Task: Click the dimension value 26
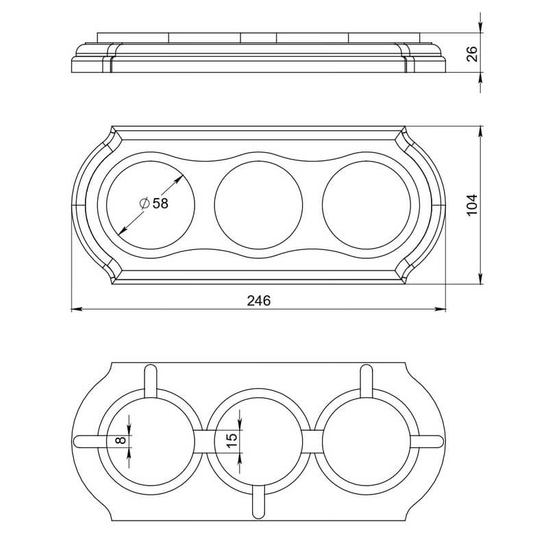pos(472,53)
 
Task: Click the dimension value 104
pos(472,205)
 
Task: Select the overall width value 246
pos(259,301)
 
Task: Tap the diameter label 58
pos(160,203)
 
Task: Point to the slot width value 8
pos(121,440)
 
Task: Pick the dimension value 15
pos(232,440)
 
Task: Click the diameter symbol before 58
pos(145,203)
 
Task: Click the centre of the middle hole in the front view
pos(259,205)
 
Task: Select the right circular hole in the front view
pos(366,205)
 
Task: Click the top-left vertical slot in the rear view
pos(151,382)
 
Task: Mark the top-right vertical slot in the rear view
pos(366,382)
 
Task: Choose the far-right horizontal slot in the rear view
pos(427,441)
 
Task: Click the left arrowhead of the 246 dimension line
pos(77,310)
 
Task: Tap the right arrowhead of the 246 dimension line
pos(440,310)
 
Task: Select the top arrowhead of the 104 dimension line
pos(481,132)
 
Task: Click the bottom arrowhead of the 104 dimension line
pos(481,279)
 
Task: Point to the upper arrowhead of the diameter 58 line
pos(179,179)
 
